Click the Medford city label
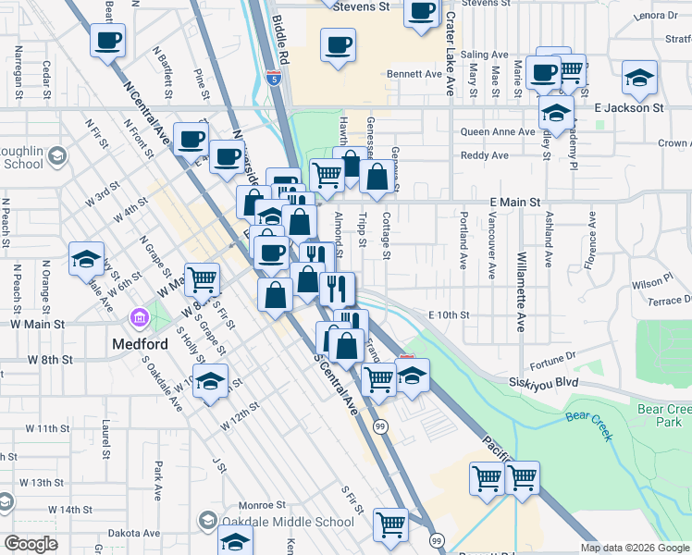pos(141,345)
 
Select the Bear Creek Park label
pos(664,414)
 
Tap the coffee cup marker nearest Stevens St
pos(421,12)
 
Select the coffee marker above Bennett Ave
pos(338,44)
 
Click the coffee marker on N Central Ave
pos(107,40)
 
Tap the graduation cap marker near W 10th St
pos(211,381)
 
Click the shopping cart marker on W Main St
pos(202,277)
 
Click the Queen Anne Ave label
pos(498,132)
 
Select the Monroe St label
pos(262,506)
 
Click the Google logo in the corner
pos(31,544)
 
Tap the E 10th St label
pos(449,315)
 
